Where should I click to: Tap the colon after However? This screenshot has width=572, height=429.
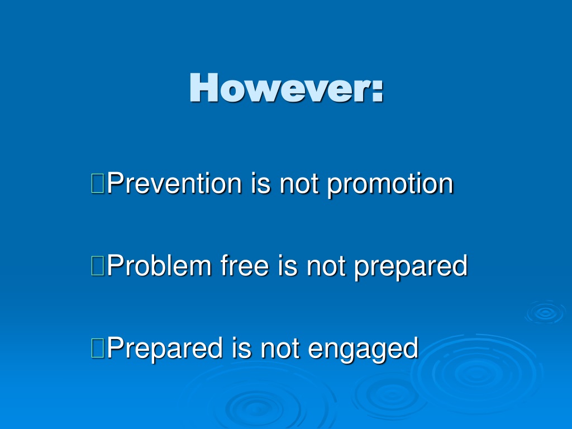(378, 90)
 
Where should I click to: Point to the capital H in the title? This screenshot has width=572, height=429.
(204, 87)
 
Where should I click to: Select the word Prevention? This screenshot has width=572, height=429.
(174, 183)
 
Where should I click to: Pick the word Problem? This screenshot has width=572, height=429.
(159, 265)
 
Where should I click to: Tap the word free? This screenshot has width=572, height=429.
(245, 265)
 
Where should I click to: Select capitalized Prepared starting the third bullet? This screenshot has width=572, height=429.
(165, 349)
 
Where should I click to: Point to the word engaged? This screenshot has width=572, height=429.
(363, 350)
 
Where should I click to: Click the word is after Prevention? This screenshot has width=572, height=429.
(260, 183)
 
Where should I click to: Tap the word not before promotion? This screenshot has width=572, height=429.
(299, 184)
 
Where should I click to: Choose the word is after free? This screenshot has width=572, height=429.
(288, 265)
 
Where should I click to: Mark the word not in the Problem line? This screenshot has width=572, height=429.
(326, 266)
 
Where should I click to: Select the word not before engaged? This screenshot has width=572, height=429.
(280, 349)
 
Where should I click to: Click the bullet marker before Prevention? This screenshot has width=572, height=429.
(98, 183)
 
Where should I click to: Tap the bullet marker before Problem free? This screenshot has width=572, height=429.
(98, 265)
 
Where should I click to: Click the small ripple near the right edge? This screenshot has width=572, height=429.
(546, 312)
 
